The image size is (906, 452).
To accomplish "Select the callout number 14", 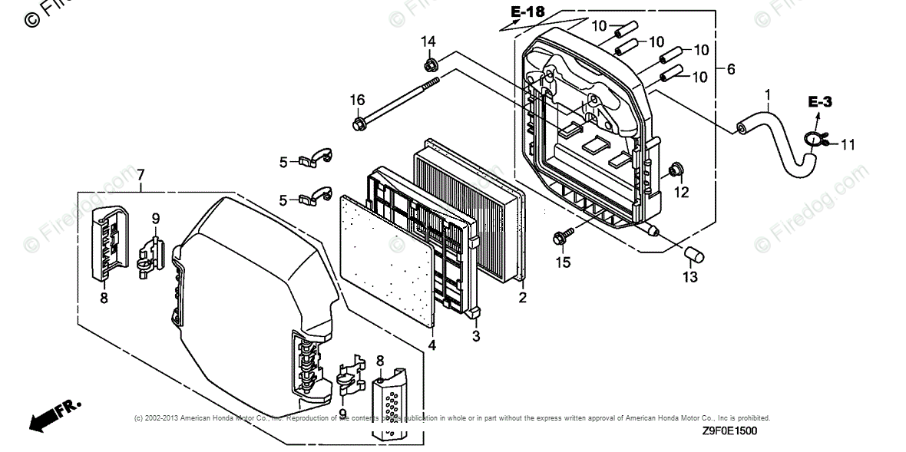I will point(428,41).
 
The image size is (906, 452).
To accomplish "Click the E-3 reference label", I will point(819,101).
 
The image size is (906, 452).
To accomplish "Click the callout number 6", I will point(730,69).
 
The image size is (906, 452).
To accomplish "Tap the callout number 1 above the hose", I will point(766,94).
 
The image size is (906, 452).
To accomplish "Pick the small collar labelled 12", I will point(676,168).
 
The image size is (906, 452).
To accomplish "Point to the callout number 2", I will point(522,297).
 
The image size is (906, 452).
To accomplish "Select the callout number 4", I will point(432,345).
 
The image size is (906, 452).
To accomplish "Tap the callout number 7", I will point(141,176).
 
